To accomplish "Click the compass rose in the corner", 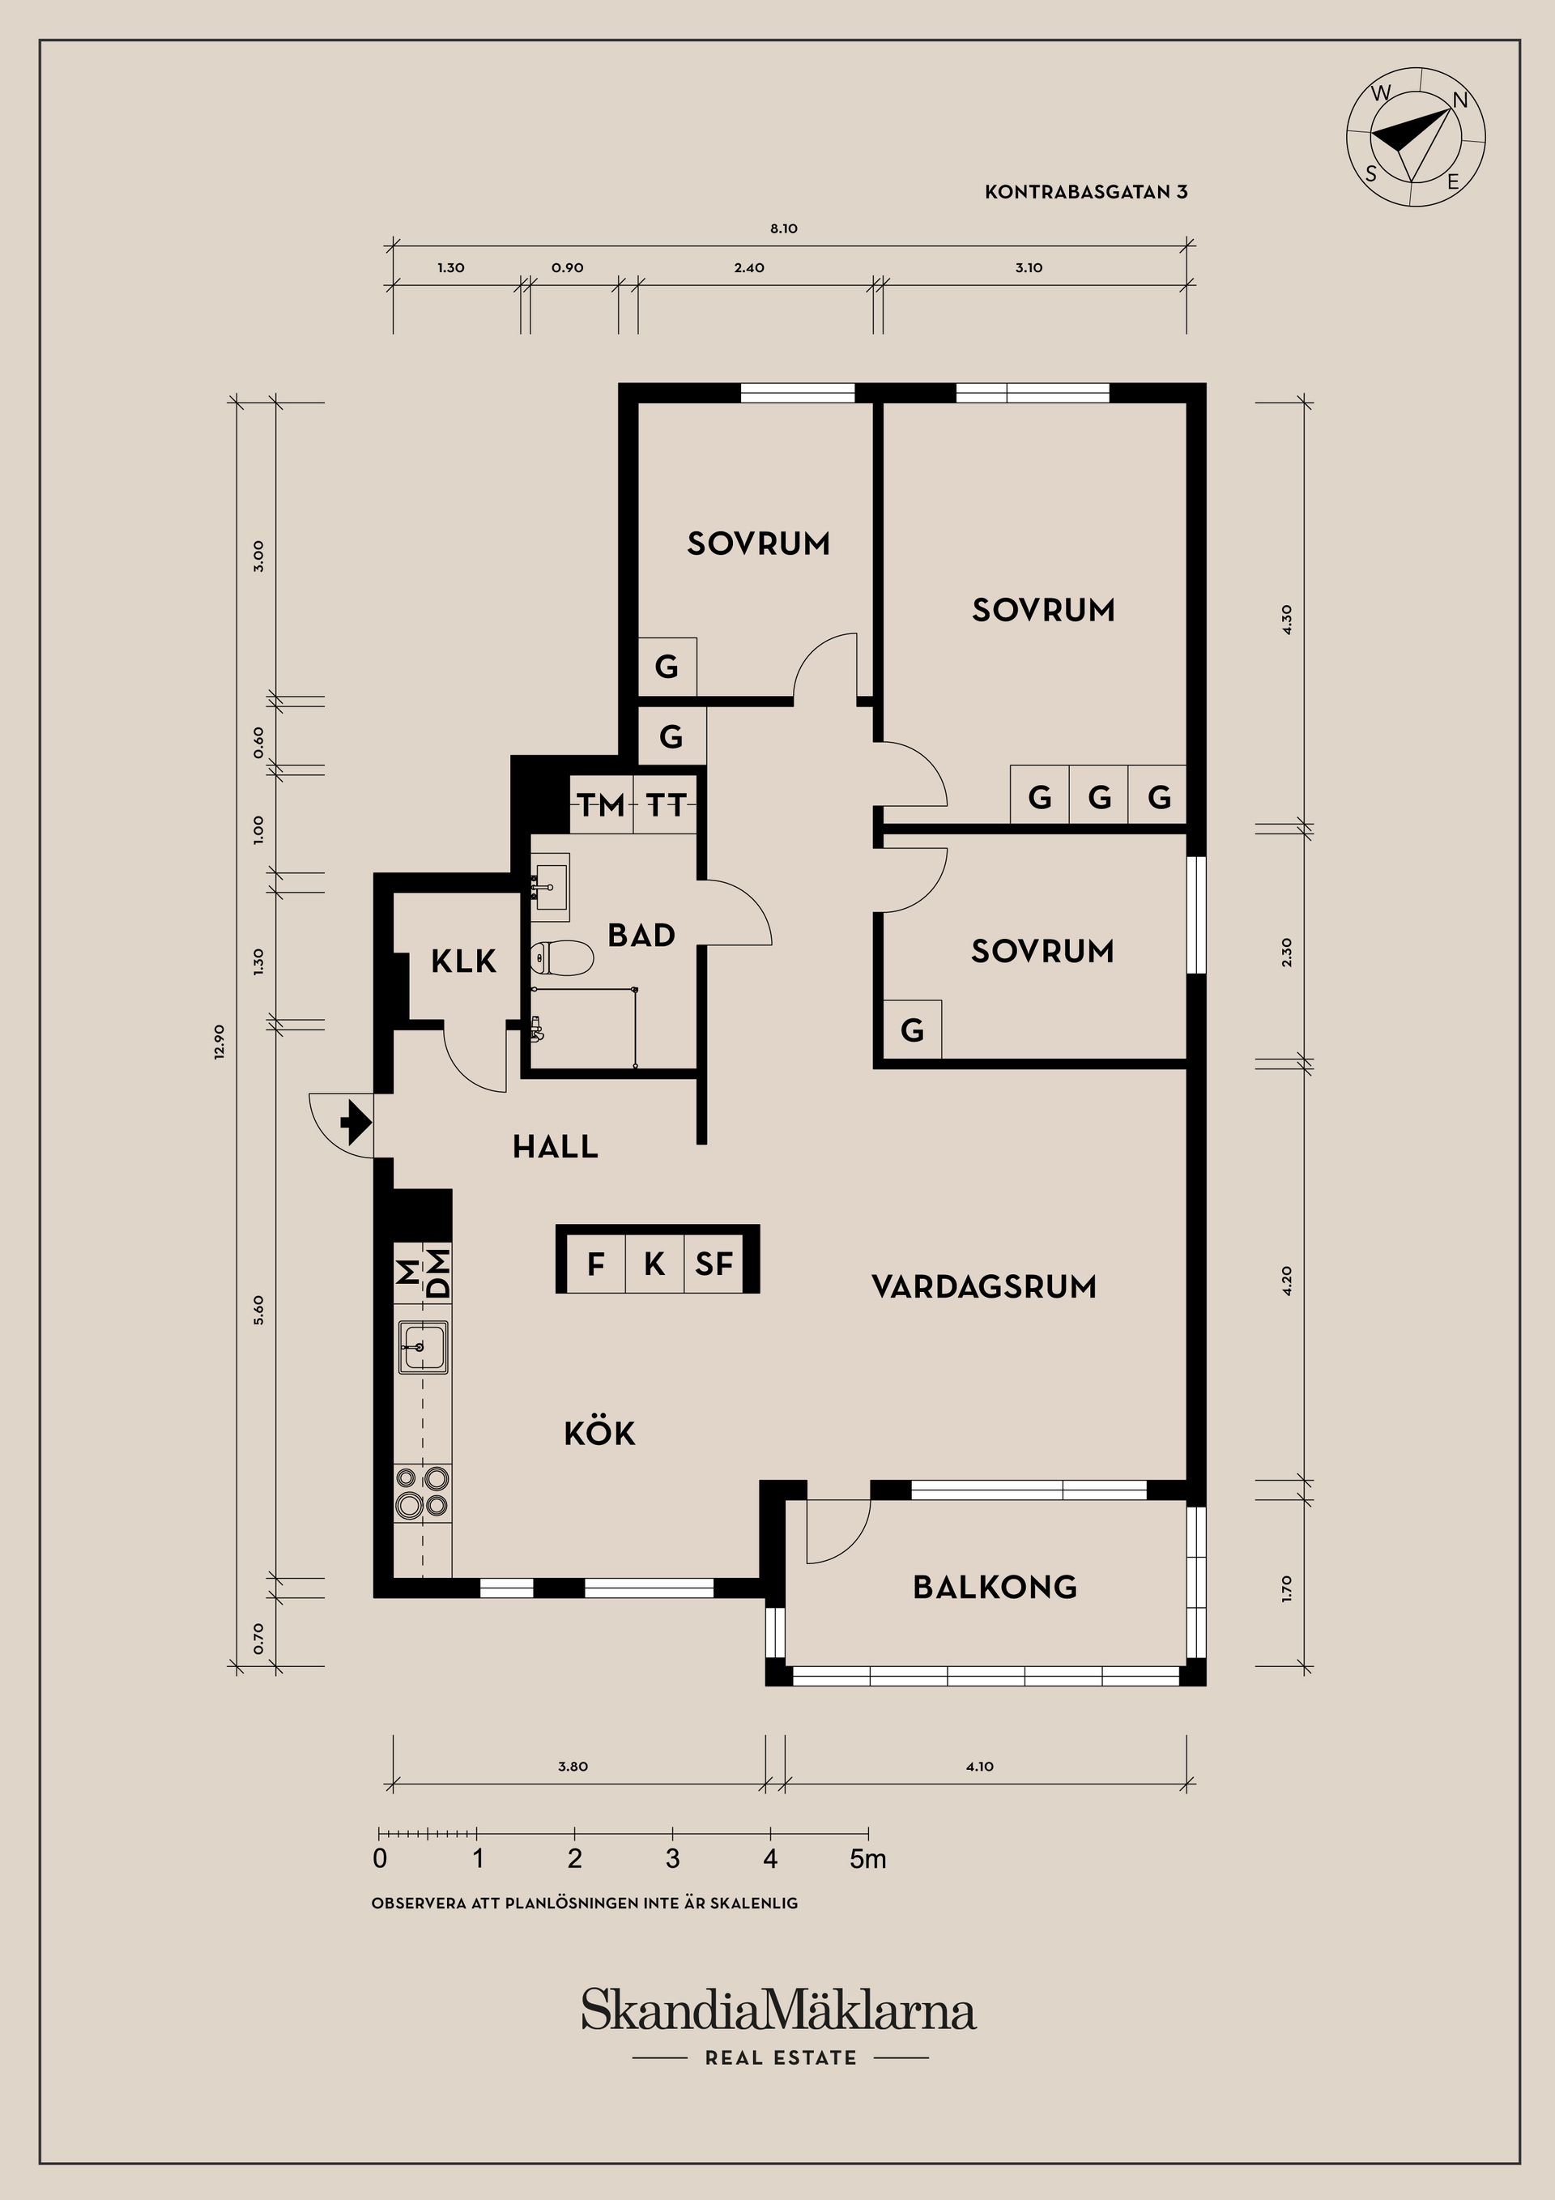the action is (x=1415, y=136).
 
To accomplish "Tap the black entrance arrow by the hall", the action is (x=356, y=1122).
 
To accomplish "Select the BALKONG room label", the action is (x=995, y=1588).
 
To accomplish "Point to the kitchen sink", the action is (x=423, y=1347).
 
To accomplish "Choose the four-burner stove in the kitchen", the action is (x=423, y=1493).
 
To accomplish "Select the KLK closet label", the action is (x=464, y=961).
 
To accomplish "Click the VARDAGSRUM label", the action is (x=984, y=1285).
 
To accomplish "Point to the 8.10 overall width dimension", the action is (x=784, y=229).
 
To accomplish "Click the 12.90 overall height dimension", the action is (x=219, y=1042).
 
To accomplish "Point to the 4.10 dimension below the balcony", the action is (x=980, y=1767).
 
